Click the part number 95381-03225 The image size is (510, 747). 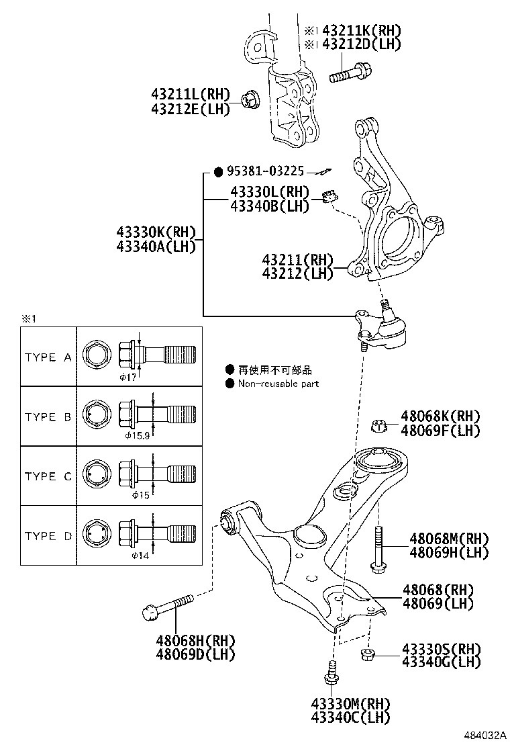coord(268,171)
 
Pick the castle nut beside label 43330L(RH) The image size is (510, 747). coord(329,197)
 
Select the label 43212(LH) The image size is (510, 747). coord(297,273)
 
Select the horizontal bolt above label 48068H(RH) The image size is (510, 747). coord(168,607)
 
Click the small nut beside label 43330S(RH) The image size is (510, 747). coord(367,653)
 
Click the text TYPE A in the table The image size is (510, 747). coord(48,357)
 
